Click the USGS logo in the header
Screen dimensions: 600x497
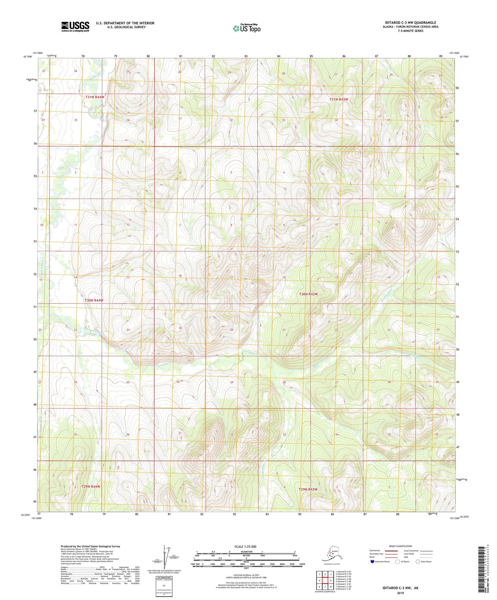[75, 26]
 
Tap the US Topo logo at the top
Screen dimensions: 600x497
[246, 28]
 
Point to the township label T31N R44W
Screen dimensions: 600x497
[95, 97]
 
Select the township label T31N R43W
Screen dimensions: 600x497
[339, 99]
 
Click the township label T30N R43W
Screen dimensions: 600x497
[308, 294]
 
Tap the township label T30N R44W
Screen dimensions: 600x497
[94, 300]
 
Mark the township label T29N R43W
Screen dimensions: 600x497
[308, 489]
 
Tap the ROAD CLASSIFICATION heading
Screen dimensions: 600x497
[400, 546]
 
